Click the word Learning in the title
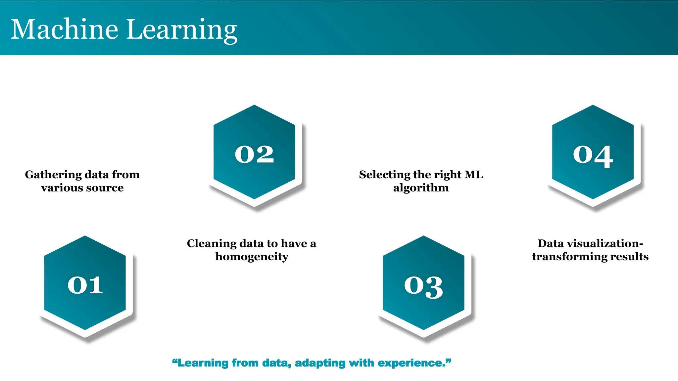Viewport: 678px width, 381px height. (182, 30)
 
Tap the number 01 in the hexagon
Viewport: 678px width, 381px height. (85, 285)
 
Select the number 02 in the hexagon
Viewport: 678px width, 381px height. (254, 154)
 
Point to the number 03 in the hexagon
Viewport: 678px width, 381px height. (423, 287)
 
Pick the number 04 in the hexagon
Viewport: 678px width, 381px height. (593, 155)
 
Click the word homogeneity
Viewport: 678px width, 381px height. (252, 257)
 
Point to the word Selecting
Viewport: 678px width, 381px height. (384, 175)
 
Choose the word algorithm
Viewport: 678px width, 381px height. (421, 188)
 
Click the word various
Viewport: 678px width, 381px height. (59, 188)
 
